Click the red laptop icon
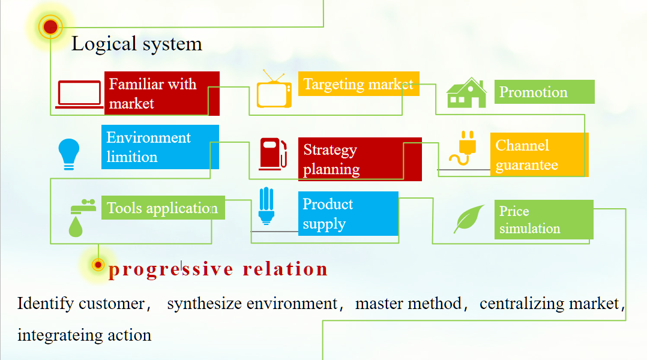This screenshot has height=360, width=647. [79, 94]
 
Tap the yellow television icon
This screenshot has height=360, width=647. [274, 91]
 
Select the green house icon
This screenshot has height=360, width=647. [466, 93]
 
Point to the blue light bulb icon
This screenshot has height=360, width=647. [68, 154]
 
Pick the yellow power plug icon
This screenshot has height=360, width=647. [463, 148]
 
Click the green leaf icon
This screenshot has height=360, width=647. [469, 219]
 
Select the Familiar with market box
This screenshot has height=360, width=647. [161, 94]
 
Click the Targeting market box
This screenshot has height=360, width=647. [358, 84]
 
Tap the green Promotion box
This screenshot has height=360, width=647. [544, 92]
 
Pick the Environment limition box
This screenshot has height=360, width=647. [160, 147]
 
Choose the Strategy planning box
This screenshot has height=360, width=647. [360, 159]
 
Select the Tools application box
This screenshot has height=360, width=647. [163, 208]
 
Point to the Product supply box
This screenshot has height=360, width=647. [348, 214]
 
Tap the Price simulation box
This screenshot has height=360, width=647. [543, 220]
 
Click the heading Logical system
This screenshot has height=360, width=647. [137, 44]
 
